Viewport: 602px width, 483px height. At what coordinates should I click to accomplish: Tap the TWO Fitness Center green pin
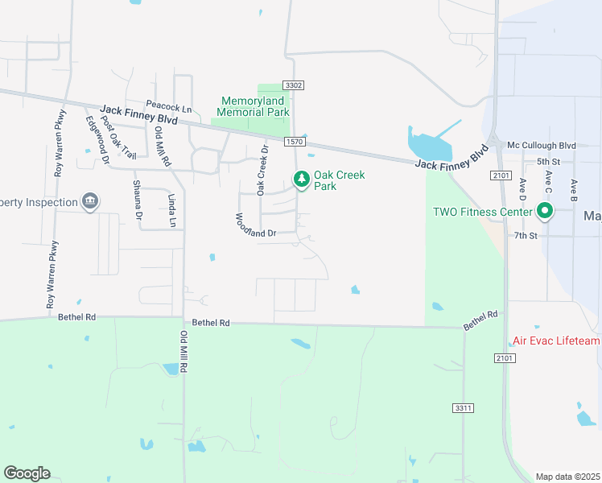pos(544,212)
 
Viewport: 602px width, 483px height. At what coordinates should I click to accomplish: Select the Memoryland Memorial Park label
pos(254,107)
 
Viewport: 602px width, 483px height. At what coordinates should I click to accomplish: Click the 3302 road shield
pos(293,85)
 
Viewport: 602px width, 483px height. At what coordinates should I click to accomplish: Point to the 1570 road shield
pos(294,142)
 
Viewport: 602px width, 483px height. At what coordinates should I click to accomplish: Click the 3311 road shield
pos(462,410)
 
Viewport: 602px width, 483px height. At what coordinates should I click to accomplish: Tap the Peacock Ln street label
pos(169,106)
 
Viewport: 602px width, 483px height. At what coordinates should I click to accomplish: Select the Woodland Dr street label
pos(255,225)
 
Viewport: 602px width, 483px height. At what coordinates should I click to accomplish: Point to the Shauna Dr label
pos(136,200)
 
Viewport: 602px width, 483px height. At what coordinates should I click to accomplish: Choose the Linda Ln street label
pos(171,208)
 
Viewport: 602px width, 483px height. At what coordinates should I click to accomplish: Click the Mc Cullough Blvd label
pos(542,146)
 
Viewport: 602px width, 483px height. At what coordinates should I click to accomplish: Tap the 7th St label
pos(526,235)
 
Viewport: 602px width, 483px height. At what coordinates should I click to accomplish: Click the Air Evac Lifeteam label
pos(556,341)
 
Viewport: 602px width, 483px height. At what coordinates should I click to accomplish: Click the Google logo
pos(27,473)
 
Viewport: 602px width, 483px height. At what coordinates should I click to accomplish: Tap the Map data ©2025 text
pos(567,477)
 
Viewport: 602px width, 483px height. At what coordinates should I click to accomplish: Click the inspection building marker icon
pos(89,201)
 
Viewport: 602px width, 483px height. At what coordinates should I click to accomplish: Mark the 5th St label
pos(548,184)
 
